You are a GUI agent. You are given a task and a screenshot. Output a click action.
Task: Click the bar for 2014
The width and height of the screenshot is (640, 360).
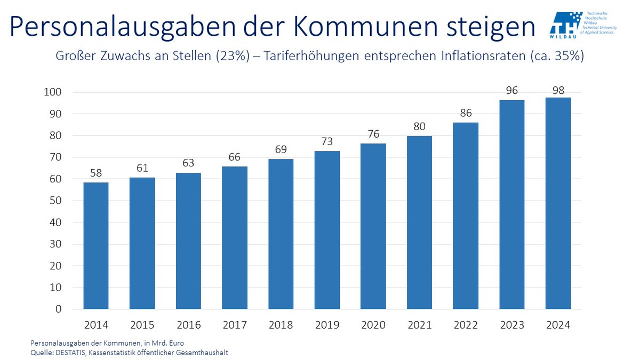tap(96, 246)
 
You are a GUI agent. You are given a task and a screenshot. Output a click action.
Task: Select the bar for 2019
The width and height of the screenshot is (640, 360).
tap(327, 230)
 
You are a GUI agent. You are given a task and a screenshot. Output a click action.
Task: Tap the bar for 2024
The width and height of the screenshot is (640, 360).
tap(558, 203)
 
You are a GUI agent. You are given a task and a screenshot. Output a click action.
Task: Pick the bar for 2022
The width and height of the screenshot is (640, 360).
tap(466, 216)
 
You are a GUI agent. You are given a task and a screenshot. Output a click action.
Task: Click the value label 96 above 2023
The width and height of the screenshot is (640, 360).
tap(512, 91)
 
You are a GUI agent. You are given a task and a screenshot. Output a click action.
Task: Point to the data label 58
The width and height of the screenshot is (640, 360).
tap(96, 173)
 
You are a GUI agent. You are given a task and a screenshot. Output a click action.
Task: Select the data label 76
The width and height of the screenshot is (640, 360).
tap(373, 134)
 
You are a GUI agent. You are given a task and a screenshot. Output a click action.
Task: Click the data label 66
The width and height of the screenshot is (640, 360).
tap(235, 157)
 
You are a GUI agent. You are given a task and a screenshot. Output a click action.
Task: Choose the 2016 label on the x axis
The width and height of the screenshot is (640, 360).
tap(188, 325)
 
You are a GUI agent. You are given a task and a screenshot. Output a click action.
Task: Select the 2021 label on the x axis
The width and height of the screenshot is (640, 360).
tap(419, 325)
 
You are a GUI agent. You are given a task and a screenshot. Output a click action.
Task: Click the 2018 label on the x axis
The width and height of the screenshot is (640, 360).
tap(281, 325)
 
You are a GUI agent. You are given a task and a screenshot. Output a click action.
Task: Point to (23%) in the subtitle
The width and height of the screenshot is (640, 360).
tap(231, 57)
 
